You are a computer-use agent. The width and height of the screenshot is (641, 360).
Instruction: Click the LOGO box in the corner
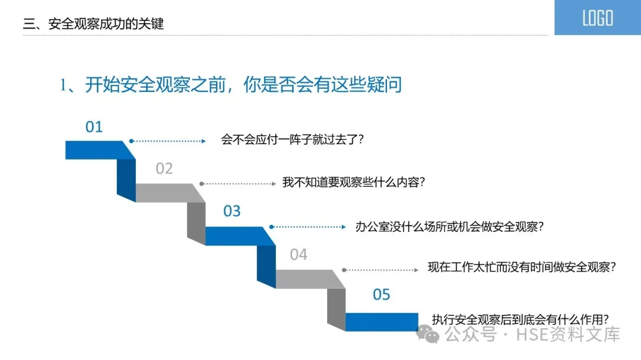coord(597,18)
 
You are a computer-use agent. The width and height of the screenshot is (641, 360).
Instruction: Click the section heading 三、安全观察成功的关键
coord(93,24)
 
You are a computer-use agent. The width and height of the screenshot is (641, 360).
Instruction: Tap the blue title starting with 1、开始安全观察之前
coord(231,85)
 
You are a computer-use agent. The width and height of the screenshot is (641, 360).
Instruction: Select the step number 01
coord(94,127)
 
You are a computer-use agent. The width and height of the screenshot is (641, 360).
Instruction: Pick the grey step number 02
coord(164,169)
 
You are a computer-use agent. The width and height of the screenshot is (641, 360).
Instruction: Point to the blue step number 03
coord(231,211)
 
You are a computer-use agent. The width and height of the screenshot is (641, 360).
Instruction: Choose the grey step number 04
coord(299,255)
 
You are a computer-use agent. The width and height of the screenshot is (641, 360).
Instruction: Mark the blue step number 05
coord(381,295)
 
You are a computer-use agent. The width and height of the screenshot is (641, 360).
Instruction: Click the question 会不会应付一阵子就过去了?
coord(292,141)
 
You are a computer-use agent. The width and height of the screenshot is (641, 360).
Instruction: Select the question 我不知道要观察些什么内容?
coord(354,183)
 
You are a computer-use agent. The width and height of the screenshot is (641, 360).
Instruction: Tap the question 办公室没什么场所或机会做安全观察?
coord(449,226)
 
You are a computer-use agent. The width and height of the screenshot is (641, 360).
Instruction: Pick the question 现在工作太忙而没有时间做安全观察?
coord(522,267)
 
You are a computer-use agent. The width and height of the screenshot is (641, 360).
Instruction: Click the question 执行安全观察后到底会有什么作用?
coord(520,318)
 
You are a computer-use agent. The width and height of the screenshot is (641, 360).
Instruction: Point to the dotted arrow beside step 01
coord(167,141)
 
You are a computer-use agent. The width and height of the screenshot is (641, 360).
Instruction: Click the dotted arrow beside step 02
coord(238,184)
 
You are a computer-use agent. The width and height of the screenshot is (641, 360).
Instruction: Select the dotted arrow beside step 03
coord(307,227)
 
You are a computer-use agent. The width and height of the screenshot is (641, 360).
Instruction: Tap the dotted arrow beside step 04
coord(380,270)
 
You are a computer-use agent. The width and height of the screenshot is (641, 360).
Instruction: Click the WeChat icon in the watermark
coord(427,334)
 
